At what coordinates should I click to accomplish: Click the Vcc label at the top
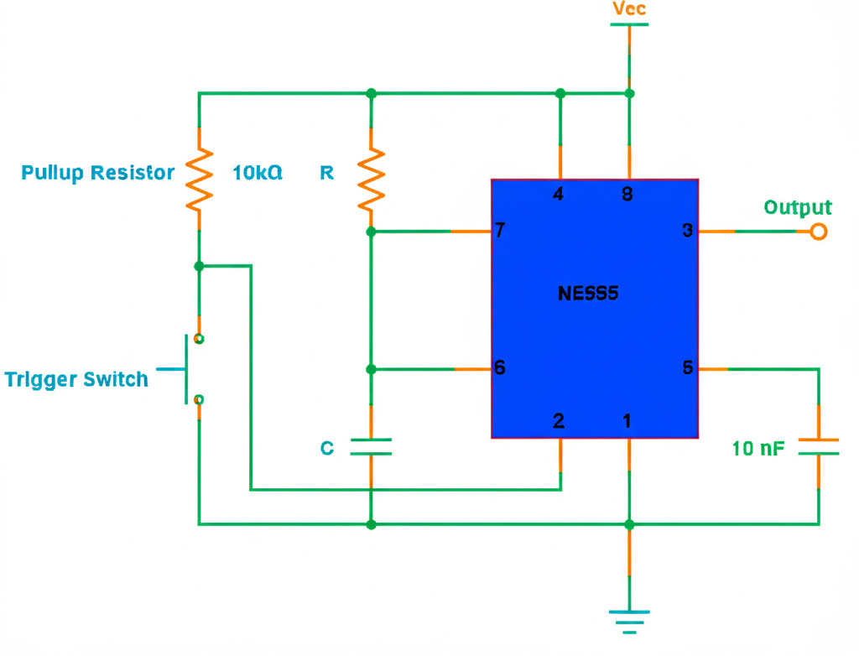coord(629,10)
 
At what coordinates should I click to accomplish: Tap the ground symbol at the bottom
coord(629,620)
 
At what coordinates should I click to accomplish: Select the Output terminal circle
coord(818,231)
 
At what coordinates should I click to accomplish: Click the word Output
coord(798,207)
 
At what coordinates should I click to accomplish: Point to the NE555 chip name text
coord(588,294)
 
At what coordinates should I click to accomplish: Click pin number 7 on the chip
coord(501,231)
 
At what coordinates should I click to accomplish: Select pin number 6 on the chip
coord(501,368)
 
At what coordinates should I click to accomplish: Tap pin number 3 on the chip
coord(688,231)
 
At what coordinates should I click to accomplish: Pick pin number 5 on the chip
coord(688,368)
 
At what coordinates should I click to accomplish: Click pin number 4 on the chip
coord(559,195)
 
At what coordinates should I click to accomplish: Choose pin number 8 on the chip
coord(627,195)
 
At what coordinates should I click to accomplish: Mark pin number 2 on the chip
coord(559,421)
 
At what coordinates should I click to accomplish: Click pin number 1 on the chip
coord(627,421)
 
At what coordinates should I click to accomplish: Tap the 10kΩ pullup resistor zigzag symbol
coord(199,179)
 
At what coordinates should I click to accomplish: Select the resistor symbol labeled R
coord(371,178)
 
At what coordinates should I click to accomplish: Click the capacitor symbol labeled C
coord(371,446)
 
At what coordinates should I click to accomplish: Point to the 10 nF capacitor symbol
coord(818,446)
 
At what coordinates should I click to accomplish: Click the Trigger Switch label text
coord(76,379)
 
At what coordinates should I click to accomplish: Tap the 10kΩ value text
coord(257,173)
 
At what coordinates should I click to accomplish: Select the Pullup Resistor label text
coord(98,173)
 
